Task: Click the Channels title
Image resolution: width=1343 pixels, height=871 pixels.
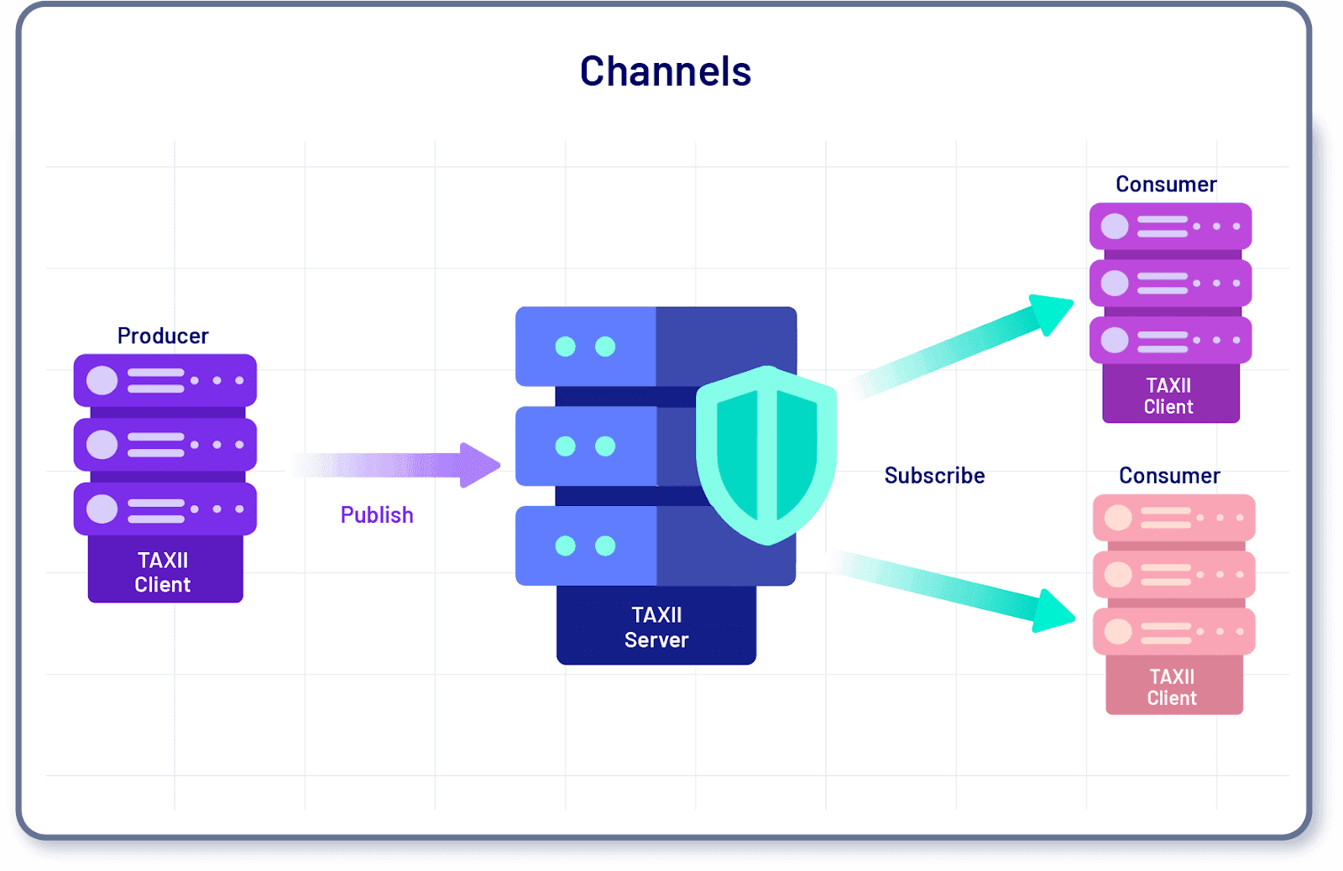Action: pyautogui.click(x=665, y=71)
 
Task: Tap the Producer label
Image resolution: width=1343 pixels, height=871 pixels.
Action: pyautogui.click(x=163, y=336)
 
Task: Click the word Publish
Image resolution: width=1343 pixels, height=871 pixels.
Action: pyautogui.click(x=377, y=514)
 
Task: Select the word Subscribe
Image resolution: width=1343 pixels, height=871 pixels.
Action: pyautogui.click(x=934, y=475)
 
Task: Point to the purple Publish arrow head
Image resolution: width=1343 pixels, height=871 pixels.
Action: pyautogui.click(x=480, y=465)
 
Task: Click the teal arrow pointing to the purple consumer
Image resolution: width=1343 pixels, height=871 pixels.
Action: pyautogui.click(x=965, y=344)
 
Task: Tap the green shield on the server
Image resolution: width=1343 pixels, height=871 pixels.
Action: pyautogui.click(x=766, y=453)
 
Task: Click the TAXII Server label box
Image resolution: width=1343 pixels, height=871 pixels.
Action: pyautogui.click(x=656, y=627)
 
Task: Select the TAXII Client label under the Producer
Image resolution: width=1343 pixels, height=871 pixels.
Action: pyautogui.click(x=163, y=571)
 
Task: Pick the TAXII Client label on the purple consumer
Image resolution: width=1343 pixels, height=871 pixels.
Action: pyautogui.click(x=1168, y=395)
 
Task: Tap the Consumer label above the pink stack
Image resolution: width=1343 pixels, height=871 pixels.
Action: pyautogui.click(x=1169, y=475)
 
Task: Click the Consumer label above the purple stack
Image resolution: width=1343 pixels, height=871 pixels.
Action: pyautogui.click(x=1166, y=184)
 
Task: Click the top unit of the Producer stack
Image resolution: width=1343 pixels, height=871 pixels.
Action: pyautogui.click(x=165, y=380)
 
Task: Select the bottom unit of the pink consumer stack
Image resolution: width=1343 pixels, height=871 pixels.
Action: pyautogui.click(x=1173, y=631)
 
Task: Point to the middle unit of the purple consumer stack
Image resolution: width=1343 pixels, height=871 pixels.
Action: pyautogui.click(x=1170, y=283)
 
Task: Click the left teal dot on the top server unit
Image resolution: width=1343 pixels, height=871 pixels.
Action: pyautogui.click(x=566, y=347)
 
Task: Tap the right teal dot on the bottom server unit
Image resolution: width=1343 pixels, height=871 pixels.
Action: pyautogui.click(x=605, y=546)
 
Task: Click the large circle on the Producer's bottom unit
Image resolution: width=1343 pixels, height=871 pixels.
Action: pyautogui.click(x=102, y=509)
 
